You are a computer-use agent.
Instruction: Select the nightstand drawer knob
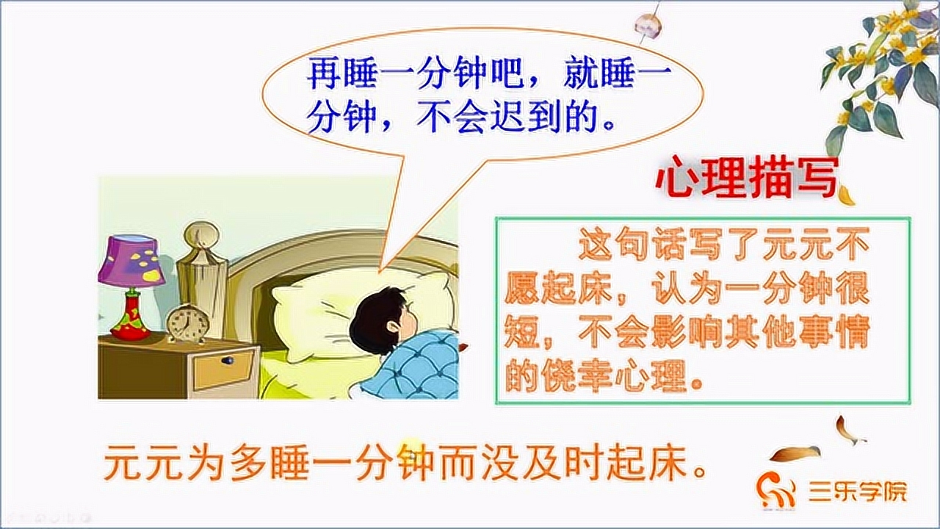coord(228,361)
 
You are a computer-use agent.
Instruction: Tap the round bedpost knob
coord(200,236)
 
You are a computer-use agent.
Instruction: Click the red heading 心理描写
coord(745,178)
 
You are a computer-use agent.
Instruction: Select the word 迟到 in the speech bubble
coord(546,117)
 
